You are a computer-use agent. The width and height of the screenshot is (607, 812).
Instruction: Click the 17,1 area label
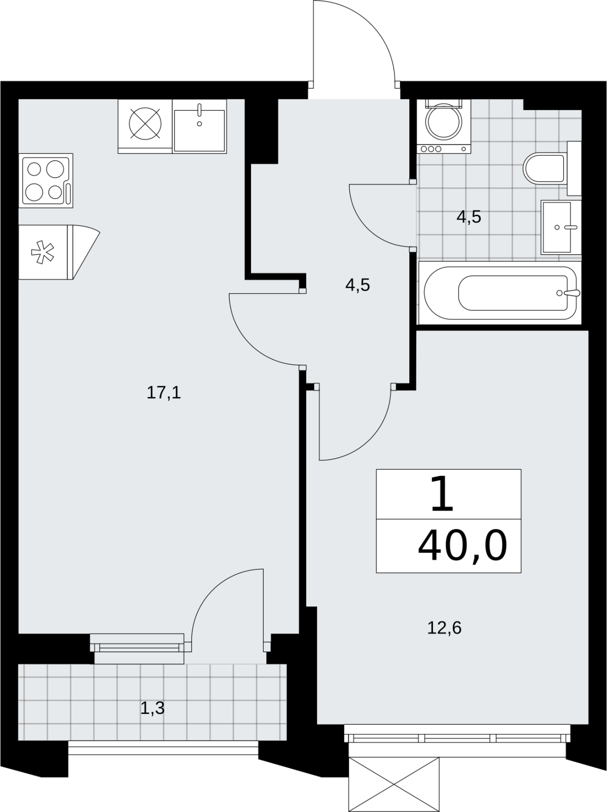(x=164, y=392)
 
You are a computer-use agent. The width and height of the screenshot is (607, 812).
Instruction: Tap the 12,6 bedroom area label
(x=444, y=628)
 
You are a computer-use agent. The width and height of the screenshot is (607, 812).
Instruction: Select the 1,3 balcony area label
(x=152, y=708)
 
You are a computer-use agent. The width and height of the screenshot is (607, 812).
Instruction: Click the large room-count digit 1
(x=442, y=494)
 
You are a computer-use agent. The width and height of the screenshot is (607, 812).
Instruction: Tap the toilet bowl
(x=544, y=168)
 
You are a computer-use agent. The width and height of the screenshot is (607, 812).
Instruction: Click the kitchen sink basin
(x=199, y=130)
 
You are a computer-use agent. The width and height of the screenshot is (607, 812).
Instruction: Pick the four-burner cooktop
(x=46, y=181)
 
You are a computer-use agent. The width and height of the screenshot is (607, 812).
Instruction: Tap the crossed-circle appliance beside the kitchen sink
(x=145, y=124)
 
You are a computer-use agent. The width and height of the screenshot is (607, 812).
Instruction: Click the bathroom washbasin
(x=556, y=227)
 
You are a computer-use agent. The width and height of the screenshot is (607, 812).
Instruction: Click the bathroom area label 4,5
(x=469, y=217)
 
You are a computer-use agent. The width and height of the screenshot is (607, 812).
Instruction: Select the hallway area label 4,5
(x=358, y=285)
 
